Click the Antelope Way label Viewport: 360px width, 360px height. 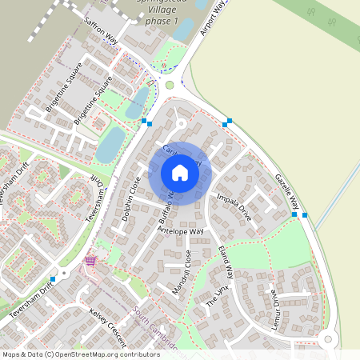click(x=181, y=231)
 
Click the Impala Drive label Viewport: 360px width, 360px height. click(x=234, y=206)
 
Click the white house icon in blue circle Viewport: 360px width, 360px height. click(x=180, y=173)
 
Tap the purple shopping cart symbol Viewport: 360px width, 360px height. click(x=90, y=261)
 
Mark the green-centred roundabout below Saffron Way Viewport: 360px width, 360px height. click(x=169, y=85)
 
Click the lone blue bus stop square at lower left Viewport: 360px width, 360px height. click(x=53, y=278)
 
